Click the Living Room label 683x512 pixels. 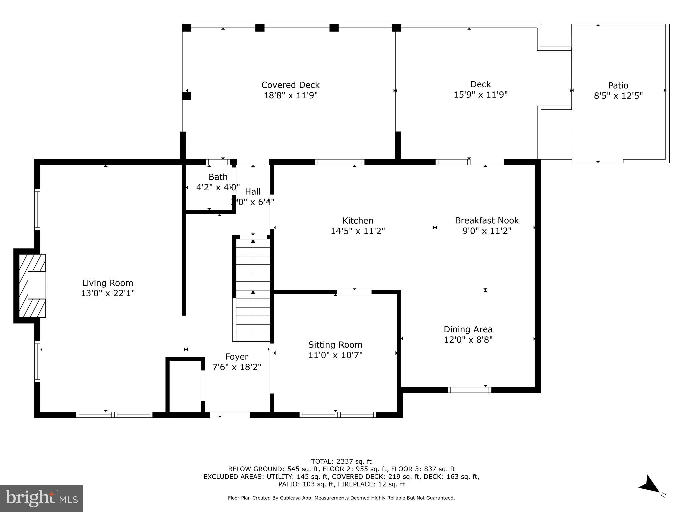coord(107,283)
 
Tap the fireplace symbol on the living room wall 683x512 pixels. coord(32,286)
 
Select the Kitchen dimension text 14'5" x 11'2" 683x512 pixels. coord(358,231)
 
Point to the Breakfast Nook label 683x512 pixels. coord(487,220)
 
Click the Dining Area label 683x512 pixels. coord(468,329)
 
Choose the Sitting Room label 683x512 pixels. coord(335,345)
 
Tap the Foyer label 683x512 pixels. coord(237,357)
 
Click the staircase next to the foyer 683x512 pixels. coord(253,290)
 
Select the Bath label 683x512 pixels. coord(218,177)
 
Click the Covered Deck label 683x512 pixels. coord(290,85)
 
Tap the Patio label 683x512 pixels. coord(618,86)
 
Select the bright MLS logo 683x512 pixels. coord(42,498)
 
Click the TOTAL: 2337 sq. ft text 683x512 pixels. coord(341,461)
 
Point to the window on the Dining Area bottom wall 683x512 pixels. coord(469,390)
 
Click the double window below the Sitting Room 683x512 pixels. coord(337,415)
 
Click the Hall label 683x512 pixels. coord(253,192)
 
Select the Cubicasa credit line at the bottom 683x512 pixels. coord(341,498)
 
